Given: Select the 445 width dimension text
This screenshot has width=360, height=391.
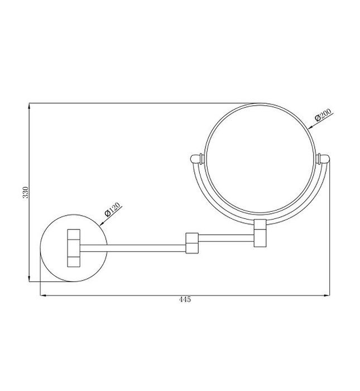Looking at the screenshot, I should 185,300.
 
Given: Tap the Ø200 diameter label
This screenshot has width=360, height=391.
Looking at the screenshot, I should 323,115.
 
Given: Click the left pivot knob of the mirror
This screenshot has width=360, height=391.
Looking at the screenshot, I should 196,159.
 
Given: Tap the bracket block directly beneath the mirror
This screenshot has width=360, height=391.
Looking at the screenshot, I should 261,234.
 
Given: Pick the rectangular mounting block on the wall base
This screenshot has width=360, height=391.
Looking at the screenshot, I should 74,247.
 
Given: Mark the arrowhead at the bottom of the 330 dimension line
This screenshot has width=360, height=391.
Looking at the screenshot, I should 30,280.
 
